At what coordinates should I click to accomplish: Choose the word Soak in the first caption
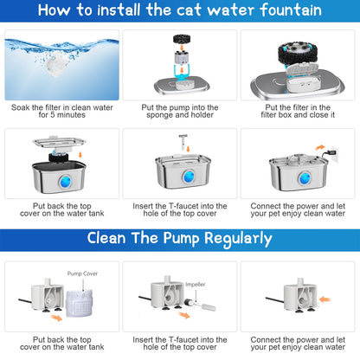tap(22, 108)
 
